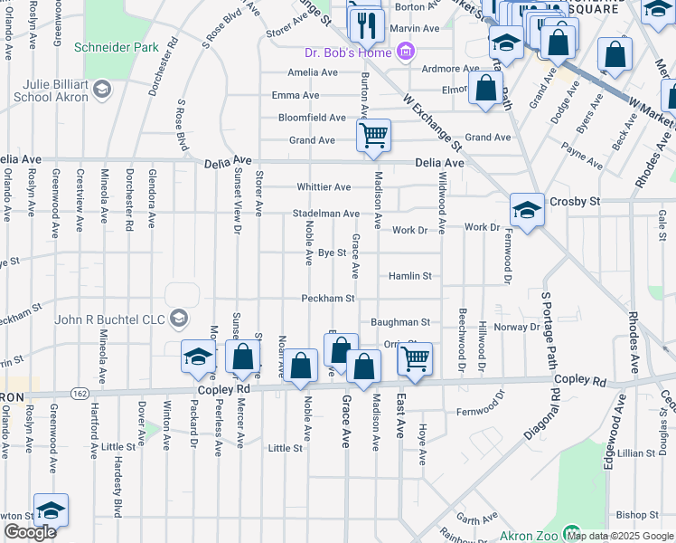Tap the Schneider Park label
click(116, 46)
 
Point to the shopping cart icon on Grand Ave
click(372, 137)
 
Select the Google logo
click(30, 532)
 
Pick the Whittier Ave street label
click(324, 187)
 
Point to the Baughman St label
click(400, 321)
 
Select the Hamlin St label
click(410, 275)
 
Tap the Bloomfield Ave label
click(312, 118)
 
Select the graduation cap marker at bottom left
click(51, 511)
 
